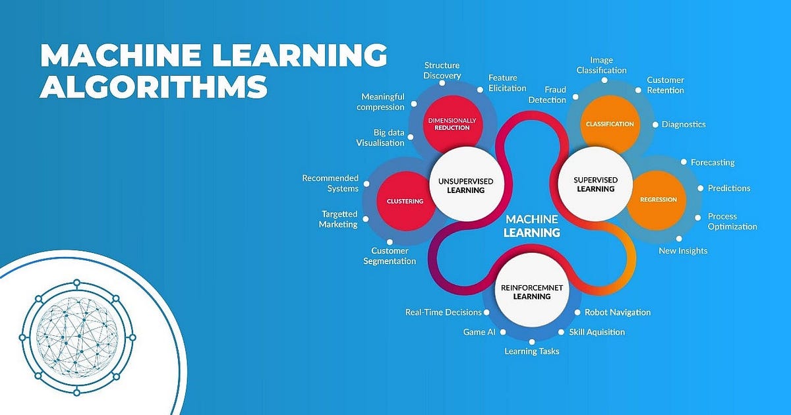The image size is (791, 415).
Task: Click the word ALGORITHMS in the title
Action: pyautogui.click(x=154, y=86)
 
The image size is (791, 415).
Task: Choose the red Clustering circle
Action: pyautogui.click(x=406, y=201)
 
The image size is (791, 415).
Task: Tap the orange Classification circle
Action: pyautogui.click(x=610, y=123)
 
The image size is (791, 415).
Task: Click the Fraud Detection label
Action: pyautogui.click(x=546, y=95)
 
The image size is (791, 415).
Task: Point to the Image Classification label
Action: pyautogui.click(x=601, y=65)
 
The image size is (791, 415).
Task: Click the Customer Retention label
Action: pyautogui.click(x=665, y=85)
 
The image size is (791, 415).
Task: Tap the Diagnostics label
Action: pyautogui.click(x=684, y=124)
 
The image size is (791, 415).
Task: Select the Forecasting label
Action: pyautogui.click(x=713, y=162)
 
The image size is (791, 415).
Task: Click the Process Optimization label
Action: pyautogui.click(x=732, y=221)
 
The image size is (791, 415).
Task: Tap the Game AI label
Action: pyautogui.click(x=479, y=332)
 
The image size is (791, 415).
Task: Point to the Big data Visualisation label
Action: pyautogui.click(x=380, y=138)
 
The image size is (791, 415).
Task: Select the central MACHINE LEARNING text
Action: pyautogui.click(x=531, y=225)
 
